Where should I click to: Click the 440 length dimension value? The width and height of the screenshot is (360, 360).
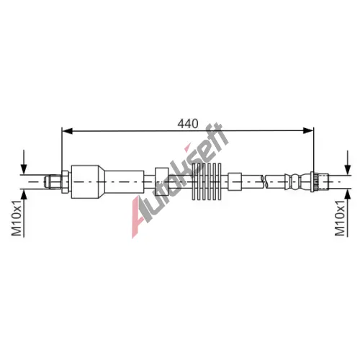point(188,124)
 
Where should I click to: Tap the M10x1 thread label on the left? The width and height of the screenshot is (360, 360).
point(17,217)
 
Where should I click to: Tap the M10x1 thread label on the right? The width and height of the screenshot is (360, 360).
point(340,217)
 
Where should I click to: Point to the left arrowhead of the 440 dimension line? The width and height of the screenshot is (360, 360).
point(67,131)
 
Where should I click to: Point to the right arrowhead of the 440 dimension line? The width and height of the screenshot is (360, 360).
point(308,131)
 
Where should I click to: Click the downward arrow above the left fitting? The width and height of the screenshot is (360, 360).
point(24,162)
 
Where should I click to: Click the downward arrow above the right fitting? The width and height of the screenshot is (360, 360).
point(347,162)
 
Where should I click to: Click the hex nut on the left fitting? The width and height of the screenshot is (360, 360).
point(66,181)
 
